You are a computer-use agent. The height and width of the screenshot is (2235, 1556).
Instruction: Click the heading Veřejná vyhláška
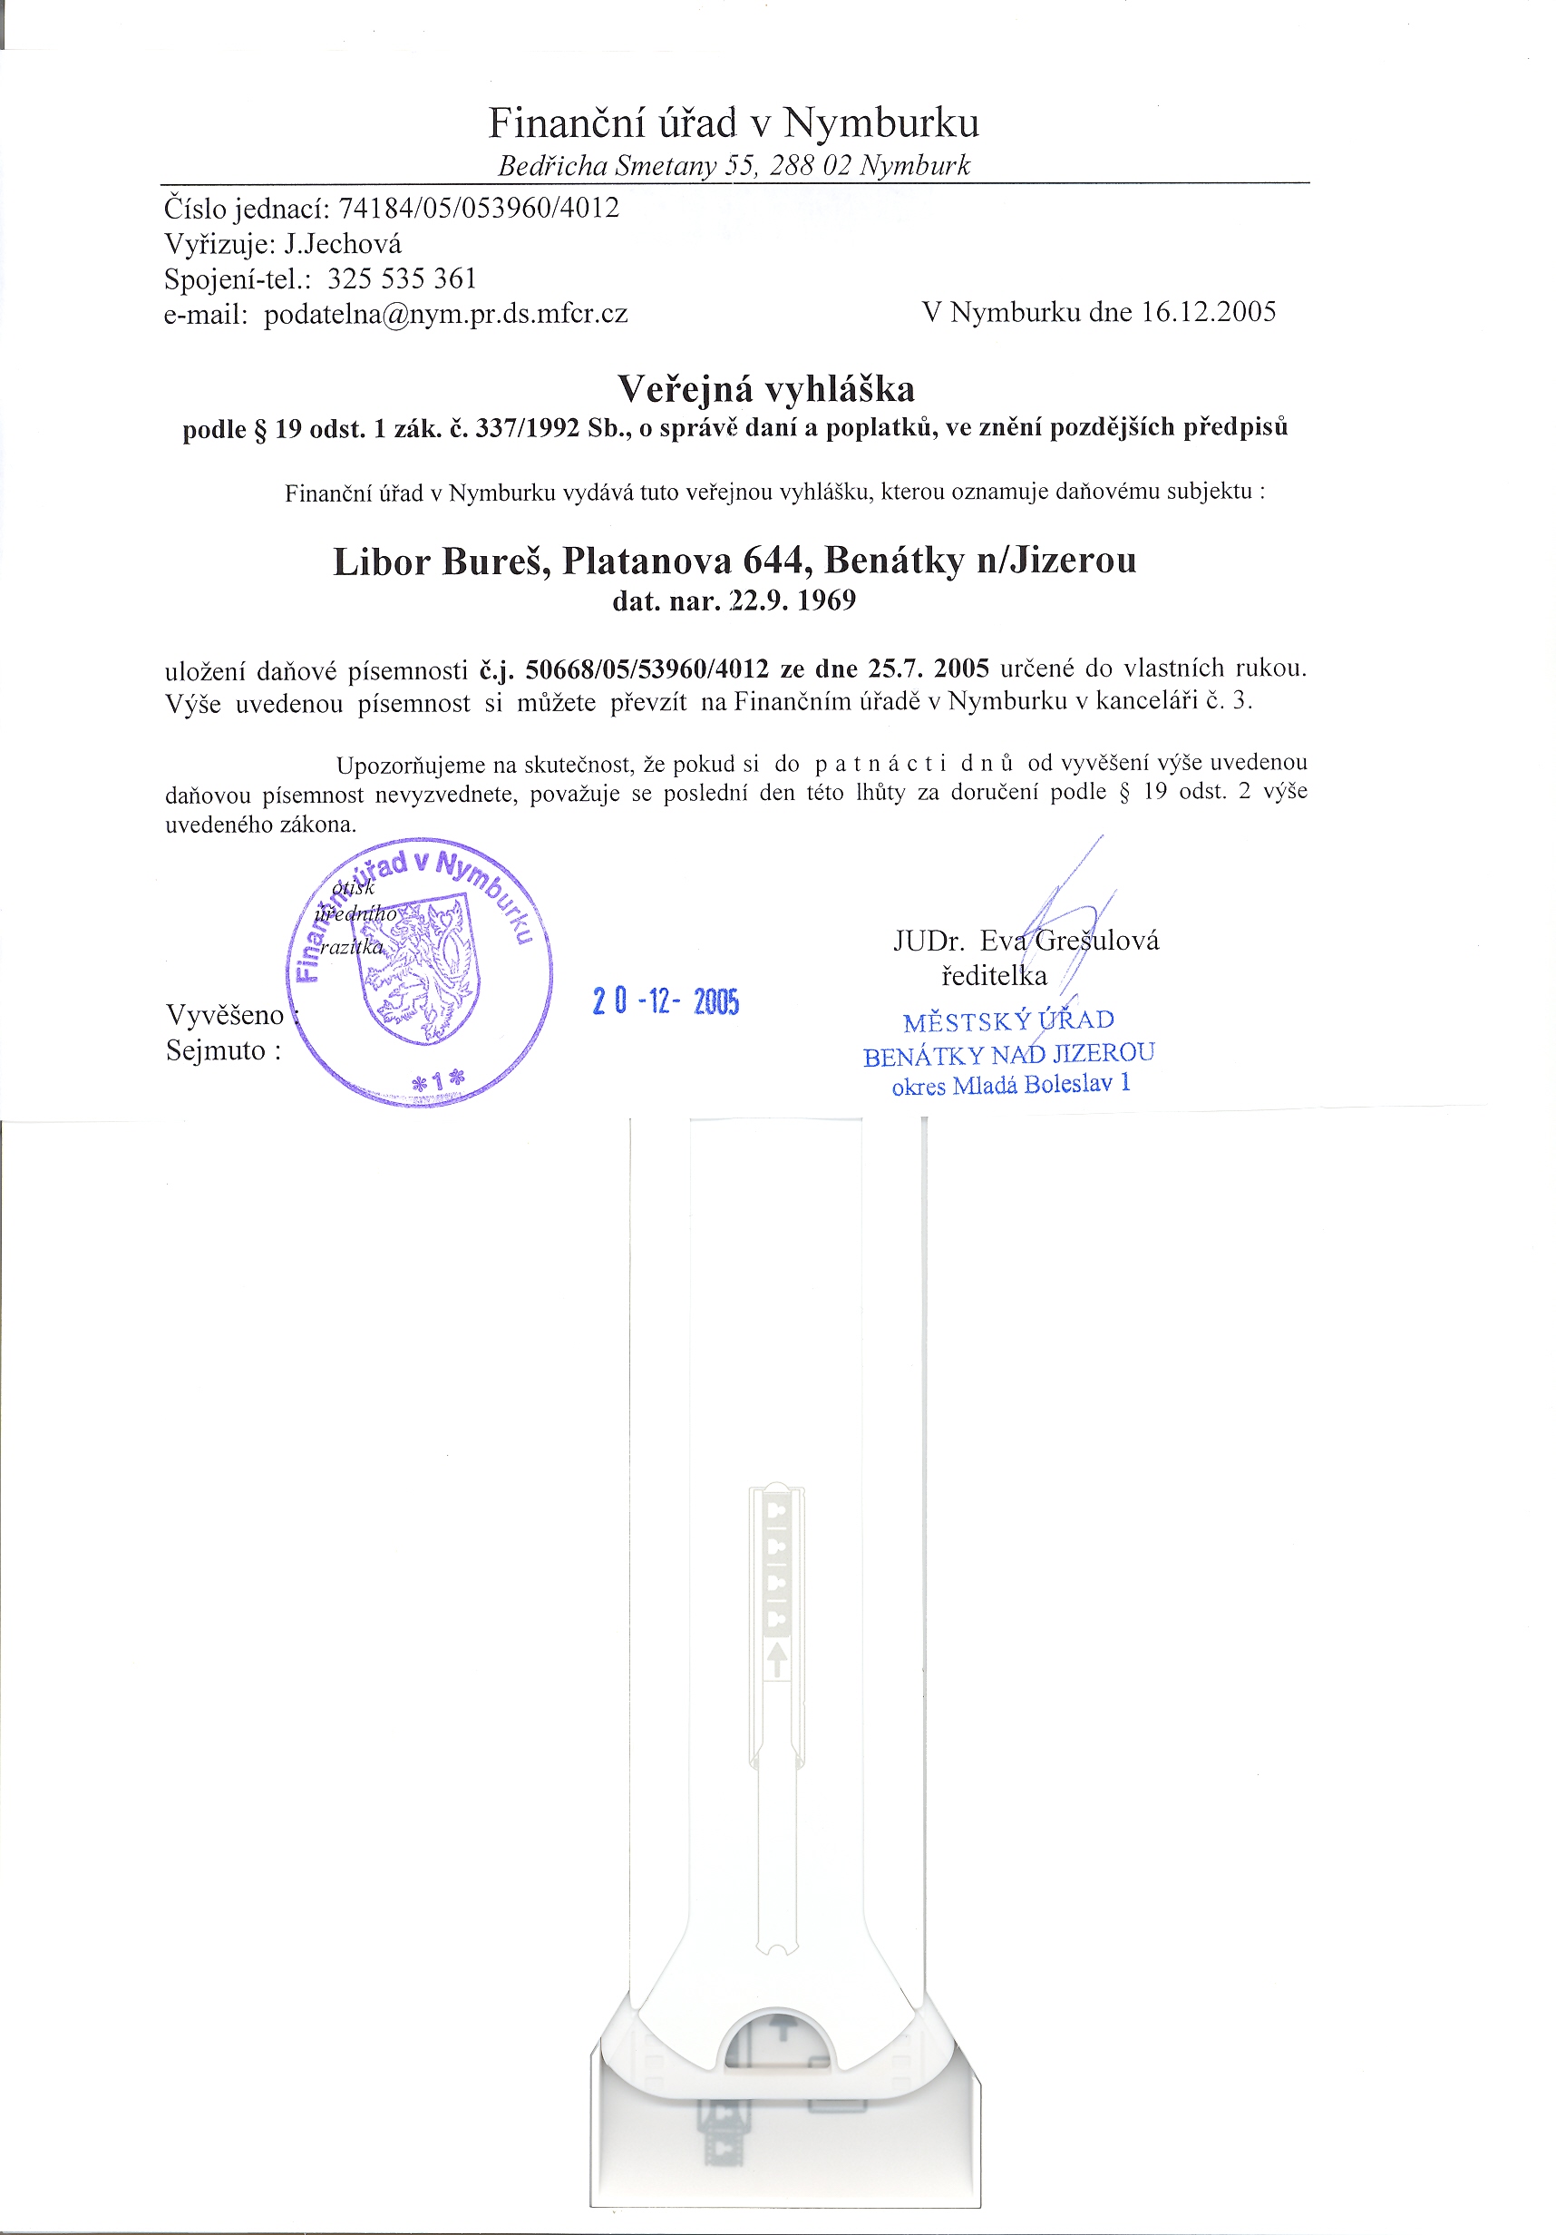coord(766,389)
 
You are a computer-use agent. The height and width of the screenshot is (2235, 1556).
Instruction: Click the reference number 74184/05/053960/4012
coord(478,209)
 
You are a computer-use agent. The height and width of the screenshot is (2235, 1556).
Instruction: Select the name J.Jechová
coord(343,244)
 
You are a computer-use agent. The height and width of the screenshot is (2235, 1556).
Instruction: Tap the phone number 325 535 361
coord(402,279)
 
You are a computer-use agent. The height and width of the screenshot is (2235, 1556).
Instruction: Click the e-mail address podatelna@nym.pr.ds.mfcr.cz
coord(446,315)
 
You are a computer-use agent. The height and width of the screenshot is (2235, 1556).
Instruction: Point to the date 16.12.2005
coord(1208,312)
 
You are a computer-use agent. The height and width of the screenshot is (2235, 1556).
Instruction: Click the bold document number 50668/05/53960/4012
coord(647,669)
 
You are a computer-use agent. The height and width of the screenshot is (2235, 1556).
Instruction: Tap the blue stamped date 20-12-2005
coord(666,1001)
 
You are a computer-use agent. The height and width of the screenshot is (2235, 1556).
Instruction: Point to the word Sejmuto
coord(216,1051)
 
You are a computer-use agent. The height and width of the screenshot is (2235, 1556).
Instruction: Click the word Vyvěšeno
coord(225,1015)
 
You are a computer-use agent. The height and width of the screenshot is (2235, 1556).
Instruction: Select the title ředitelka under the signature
coord(994,976)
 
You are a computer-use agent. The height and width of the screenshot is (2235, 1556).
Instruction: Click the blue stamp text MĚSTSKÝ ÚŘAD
coord(1008,1021)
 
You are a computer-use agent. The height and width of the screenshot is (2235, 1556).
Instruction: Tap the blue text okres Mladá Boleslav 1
coord(1011,1086)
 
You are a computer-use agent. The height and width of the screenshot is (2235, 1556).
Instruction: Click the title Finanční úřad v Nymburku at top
coord(734,123)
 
